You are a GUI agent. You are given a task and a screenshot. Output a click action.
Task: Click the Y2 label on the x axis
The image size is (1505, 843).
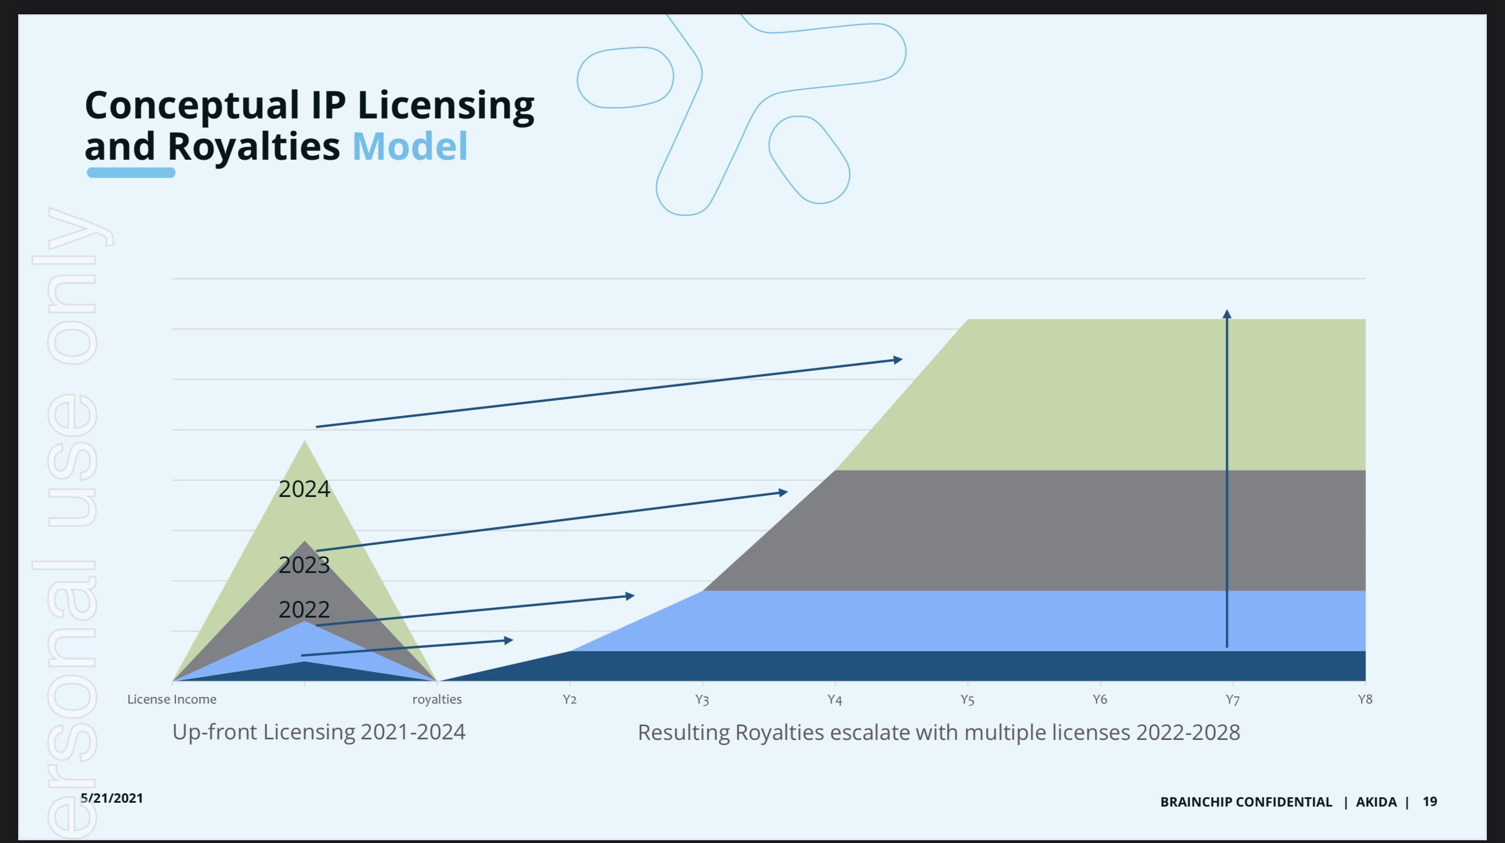pos(569,699)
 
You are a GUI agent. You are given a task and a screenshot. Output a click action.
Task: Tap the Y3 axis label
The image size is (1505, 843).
pos(702,699)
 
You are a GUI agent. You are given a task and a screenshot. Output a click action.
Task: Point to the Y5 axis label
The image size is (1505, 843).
pos(967,699)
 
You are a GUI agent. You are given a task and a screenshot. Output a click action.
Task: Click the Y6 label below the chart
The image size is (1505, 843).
pos(1100,699)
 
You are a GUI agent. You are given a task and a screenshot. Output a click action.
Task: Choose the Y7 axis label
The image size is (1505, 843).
pos(1232,699)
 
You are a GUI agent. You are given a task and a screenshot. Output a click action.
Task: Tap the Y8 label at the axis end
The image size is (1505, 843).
pos(1365,699)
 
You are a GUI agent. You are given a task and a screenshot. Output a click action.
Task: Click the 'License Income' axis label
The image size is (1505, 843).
pos(172,699)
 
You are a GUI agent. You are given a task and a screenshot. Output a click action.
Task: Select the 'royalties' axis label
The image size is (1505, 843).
pos(436,699)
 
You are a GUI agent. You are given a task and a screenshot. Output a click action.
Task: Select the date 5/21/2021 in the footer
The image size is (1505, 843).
pos(112,798)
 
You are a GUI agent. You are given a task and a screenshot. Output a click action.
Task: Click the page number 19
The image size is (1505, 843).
pos(1430,802)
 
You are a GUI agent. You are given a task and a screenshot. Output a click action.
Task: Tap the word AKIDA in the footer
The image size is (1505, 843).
pos(1376,802)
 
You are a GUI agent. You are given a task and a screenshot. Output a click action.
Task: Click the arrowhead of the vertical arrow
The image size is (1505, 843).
pos(1227,314)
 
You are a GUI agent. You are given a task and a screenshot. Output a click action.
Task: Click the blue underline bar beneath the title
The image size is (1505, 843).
pos(131,173)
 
